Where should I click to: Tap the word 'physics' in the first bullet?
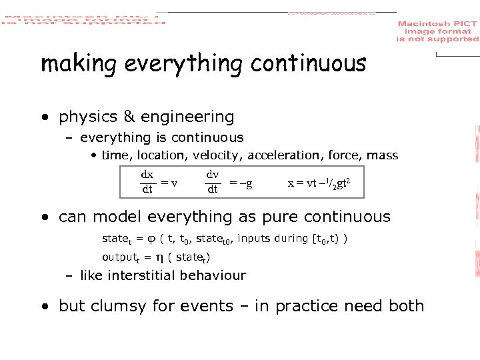[x=88, y=117]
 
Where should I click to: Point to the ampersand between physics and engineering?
[x=129, y=117]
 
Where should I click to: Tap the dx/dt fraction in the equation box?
[x=147, y=182]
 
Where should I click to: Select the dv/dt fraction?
[x=213, y=182]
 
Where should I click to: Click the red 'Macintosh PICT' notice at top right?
[x=437, y=31]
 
